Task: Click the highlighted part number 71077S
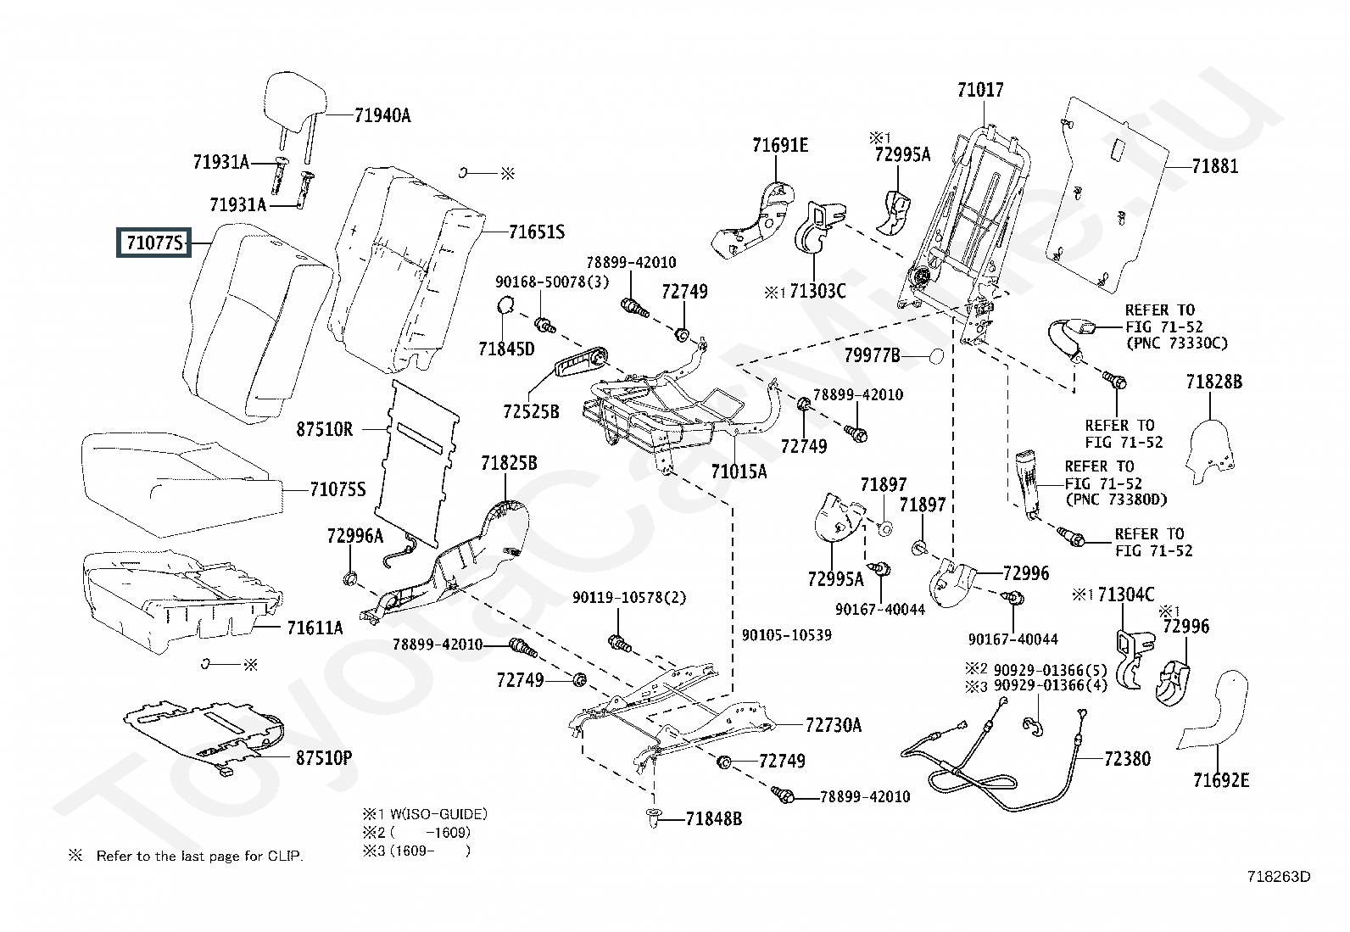point(154,244)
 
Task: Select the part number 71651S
point(536,232)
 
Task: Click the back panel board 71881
point(1111,187)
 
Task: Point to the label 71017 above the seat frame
point(980,90)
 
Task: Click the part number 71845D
point(506,349)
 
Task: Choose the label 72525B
point(531,412)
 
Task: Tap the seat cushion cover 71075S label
point(337,489)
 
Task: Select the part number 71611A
point(314,628)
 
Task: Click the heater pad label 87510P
point(323,757)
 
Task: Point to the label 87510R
point(324,429)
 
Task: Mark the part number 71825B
point(509,464)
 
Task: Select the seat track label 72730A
point(833,725)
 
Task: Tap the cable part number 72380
point(1127,758)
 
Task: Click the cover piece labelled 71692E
point(1220,779)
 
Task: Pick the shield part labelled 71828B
point(1213,382)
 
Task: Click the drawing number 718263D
point(1278,876)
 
